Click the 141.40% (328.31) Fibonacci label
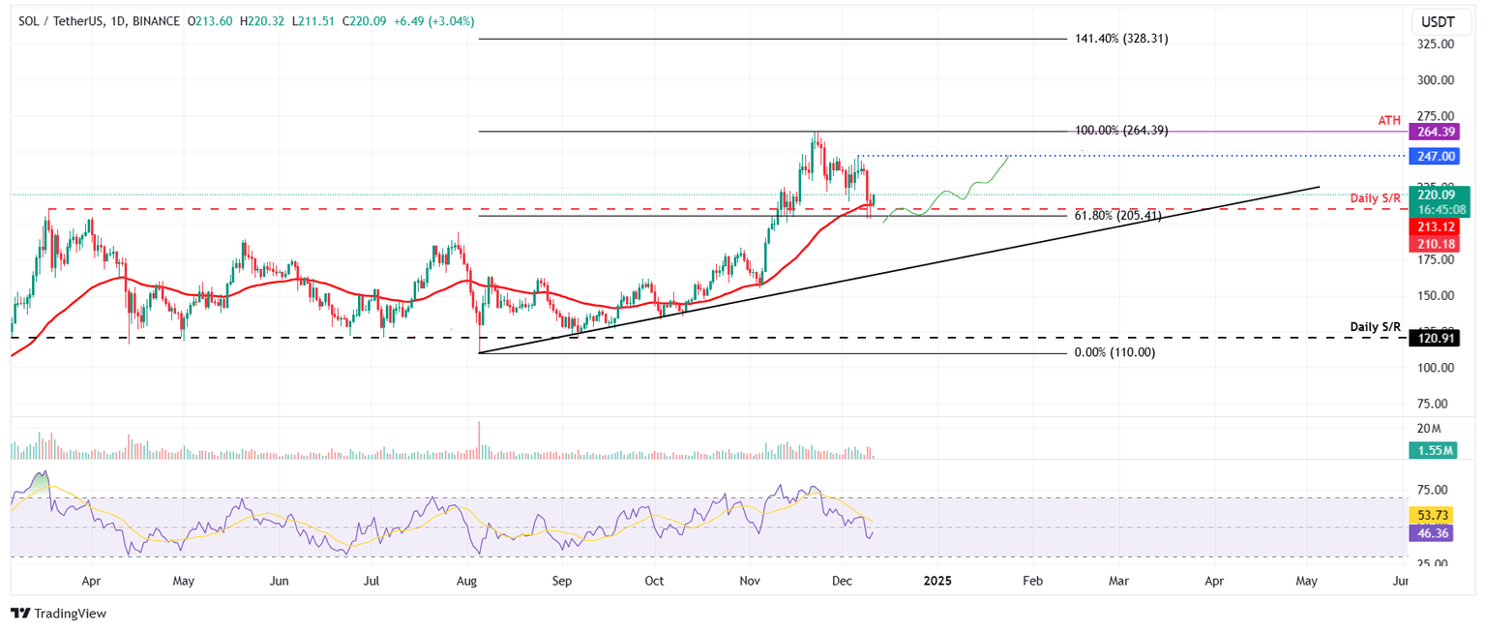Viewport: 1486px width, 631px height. [1121, 39]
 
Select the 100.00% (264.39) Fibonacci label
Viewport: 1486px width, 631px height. [1121, 131]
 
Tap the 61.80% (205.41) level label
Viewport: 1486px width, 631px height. [1117, 217]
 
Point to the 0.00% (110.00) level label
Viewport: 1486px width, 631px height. [1114, 353]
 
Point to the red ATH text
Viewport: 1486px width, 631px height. [1388, 119]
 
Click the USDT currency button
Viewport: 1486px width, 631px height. [1441, 21]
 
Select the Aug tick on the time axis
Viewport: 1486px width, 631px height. [467, 582]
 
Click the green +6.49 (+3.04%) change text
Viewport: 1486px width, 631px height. [433, 20]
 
